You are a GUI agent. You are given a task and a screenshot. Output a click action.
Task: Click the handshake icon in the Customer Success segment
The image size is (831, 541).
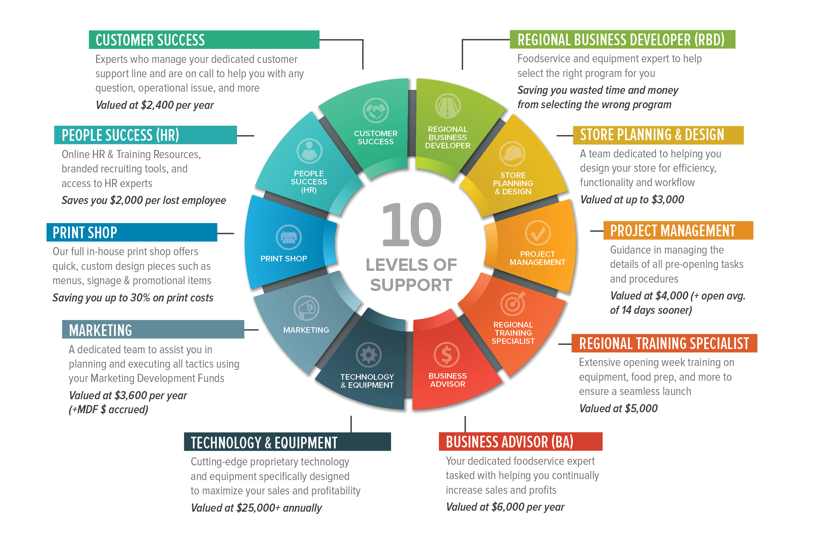pos(376,111)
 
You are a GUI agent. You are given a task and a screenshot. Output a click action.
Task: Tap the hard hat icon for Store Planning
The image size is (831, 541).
pos(512,154)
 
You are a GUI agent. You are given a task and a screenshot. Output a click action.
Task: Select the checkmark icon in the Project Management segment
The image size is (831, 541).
pos(538,233)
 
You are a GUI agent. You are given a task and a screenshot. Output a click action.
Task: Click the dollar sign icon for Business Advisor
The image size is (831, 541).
pos(446,355)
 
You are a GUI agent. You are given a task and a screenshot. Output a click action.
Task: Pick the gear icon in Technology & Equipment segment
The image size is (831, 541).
pos(368,355)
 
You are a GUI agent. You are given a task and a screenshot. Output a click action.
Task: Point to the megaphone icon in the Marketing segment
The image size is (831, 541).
pos(306,308)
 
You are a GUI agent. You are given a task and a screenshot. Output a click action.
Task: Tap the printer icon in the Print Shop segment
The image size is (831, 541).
pos(289,238)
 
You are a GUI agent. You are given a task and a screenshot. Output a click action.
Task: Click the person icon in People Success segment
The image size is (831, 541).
pos(309,151)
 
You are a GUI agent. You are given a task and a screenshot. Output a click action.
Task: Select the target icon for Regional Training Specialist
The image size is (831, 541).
pos(513,303)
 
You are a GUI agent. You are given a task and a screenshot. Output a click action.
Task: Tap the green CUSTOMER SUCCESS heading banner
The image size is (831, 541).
pos(204,40)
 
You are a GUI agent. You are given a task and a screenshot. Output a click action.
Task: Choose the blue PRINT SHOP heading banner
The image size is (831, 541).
pos(132,232)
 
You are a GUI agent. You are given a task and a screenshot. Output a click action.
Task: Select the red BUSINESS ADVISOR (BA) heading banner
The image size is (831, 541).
pos(520,442)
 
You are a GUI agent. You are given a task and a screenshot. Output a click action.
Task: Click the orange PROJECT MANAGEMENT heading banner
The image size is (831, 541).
pos(678,230)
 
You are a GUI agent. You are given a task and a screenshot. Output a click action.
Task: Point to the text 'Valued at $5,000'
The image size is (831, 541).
pos(618,408)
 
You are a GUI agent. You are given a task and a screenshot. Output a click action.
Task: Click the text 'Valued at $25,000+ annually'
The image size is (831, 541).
pos(256,508)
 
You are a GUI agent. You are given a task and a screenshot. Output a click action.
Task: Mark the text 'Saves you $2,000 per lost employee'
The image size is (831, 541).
pos(143,200)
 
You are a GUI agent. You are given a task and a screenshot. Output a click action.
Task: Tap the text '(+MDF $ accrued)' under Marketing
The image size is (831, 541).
pos(108,409)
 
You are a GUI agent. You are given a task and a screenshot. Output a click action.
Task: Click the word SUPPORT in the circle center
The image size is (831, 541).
pos(411,285)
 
